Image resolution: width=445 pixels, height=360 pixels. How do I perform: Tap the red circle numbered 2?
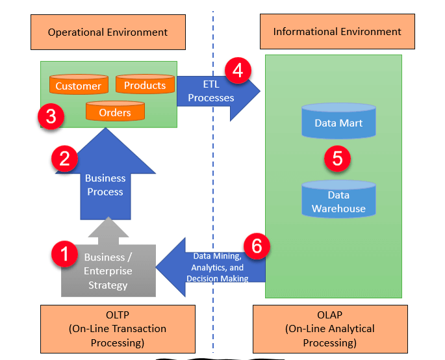coord(64,159)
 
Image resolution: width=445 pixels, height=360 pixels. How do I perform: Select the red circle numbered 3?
coord(51,118)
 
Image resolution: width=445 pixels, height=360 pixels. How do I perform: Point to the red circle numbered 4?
coord(238,70)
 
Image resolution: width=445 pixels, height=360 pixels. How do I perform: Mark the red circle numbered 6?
coord(257,246)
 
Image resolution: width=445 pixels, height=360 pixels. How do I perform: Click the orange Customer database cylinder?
coord(78,85)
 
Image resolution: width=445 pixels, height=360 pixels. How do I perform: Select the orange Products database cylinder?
coord(145,84)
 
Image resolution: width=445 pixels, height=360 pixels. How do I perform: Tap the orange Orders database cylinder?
coord(115,112)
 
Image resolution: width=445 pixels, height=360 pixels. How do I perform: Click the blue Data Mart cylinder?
coord(338,122)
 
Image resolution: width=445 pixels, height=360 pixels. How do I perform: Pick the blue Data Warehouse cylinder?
coord(338,201)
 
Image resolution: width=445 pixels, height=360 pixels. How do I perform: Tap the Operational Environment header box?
coord(108,32)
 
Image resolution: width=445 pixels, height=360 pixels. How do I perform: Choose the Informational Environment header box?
coord(337,32)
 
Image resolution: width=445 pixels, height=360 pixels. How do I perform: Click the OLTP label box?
coord(108,329)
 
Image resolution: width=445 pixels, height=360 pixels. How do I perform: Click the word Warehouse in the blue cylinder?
coord(338,209)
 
